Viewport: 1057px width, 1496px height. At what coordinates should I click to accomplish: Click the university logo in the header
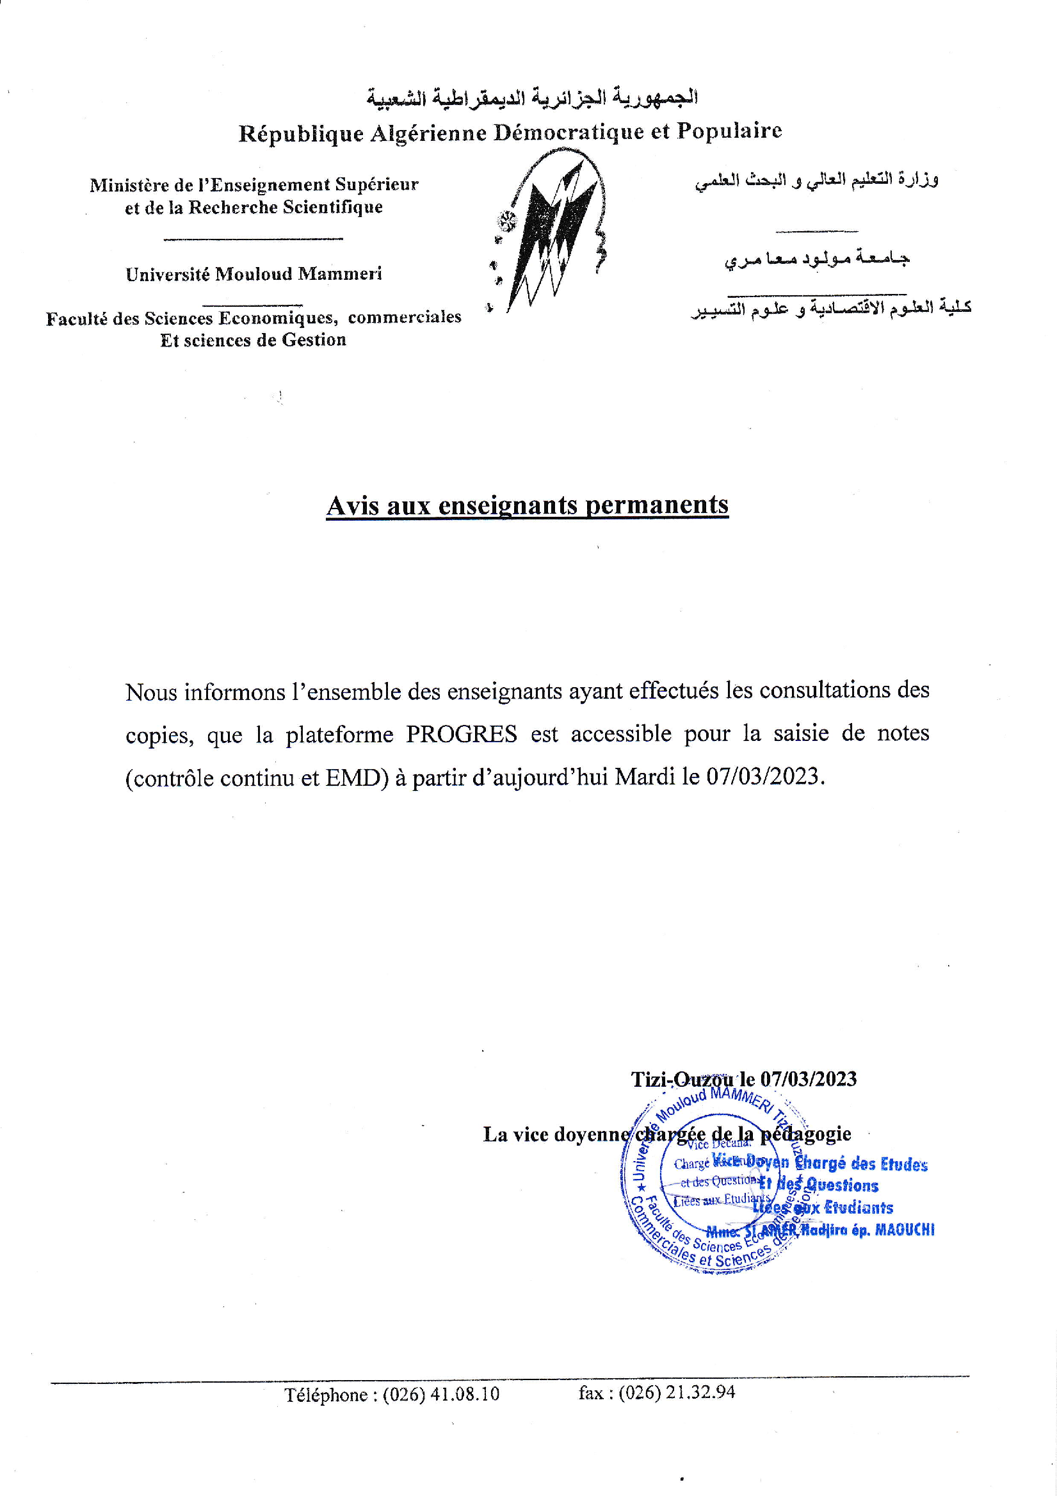551,231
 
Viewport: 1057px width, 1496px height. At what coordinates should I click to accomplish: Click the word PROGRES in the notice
461,735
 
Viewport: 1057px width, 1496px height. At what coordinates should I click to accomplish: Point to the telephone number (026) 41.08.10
441,1394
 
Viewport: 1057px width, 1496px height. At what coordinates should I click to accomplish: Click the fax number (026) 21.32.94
677,1392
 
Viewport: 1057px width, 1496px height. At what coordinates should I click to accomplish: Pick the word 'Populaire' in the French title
729,131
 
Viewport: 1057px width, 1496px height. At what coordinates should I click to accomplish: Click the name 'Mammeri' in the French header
339,273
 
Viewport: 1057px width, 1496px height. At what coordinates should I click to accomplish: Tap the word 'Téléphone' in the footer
326,1394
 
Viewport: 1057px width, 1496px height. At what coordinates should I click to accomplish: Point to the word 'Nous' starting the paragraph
150,692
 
